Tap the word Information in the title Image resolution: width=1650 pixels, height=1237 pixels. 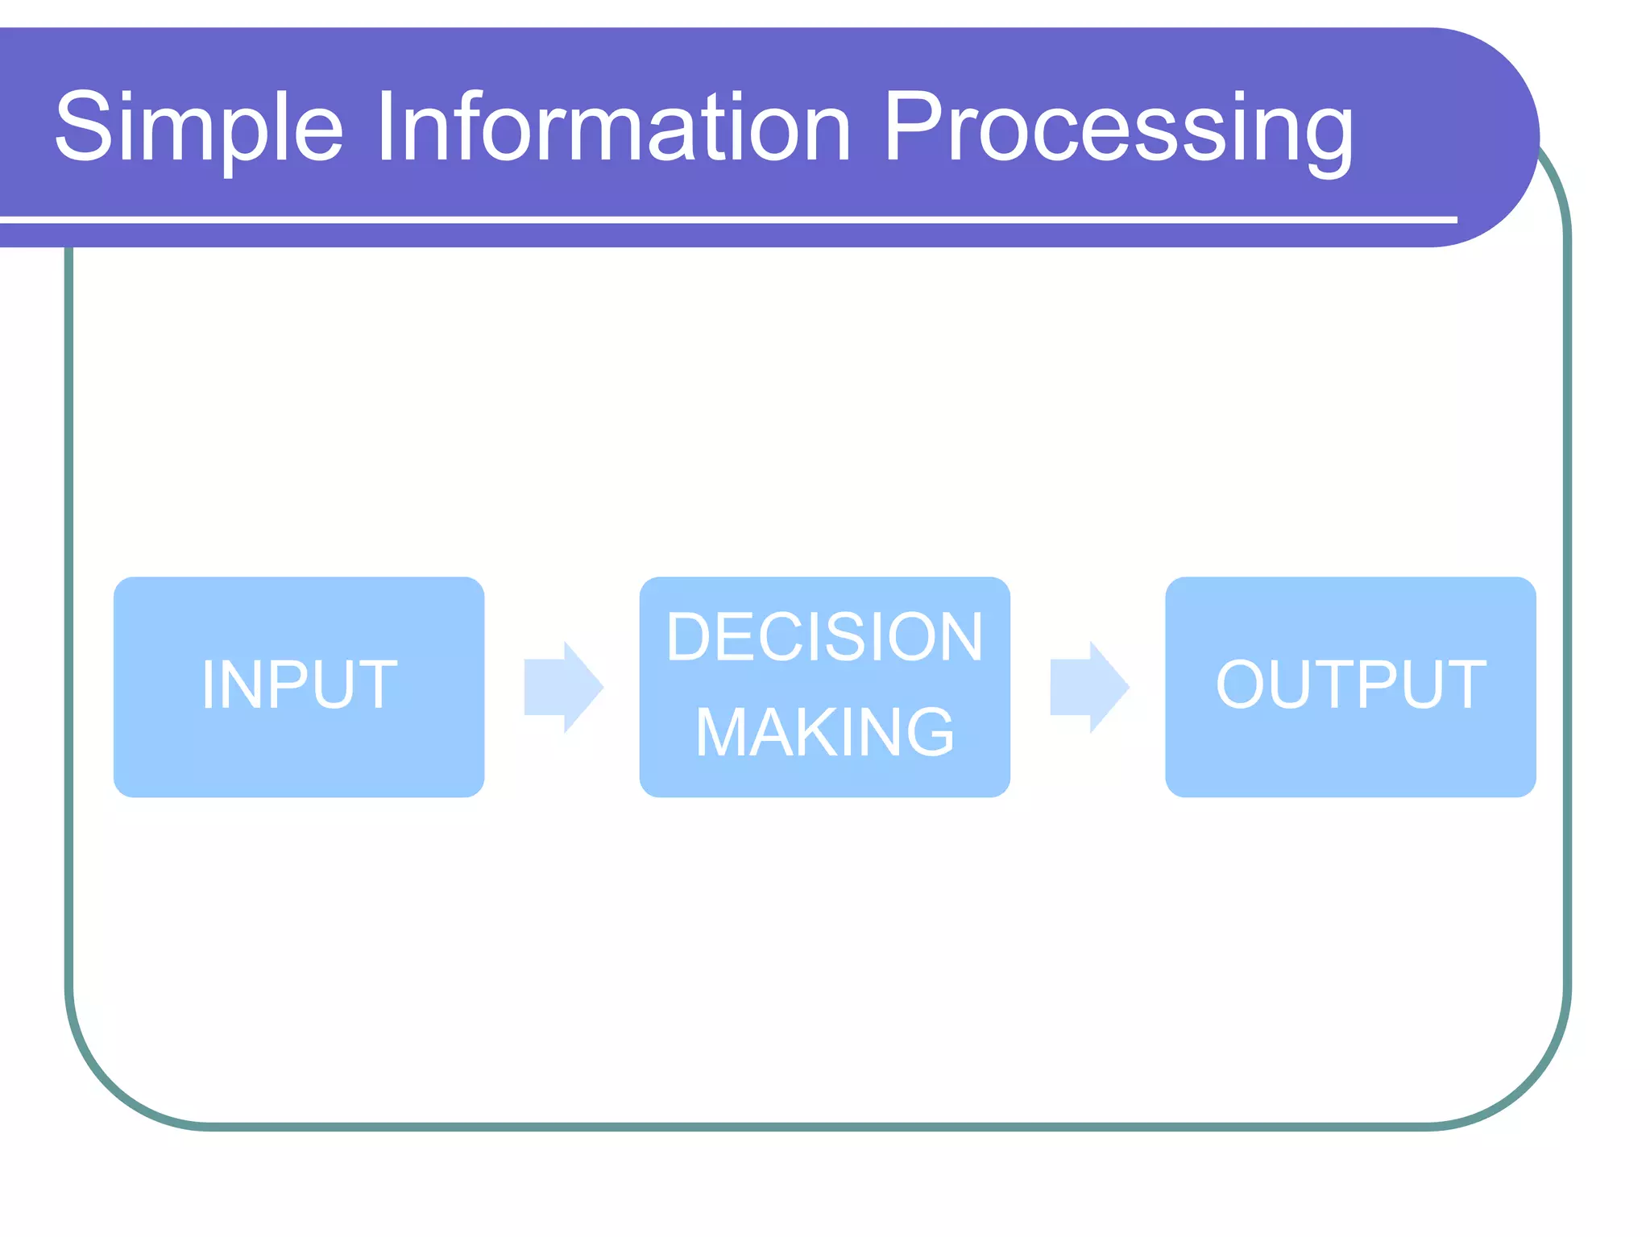[x=612, y=127]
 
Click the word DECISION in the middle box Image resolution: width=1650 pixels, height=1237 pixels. [x=824, y=637]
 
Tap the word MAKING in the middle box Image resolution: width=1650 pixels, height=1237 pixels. [x=824, y=733]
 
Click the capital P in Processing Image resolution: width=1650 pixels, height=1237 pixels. [x=918, y=126]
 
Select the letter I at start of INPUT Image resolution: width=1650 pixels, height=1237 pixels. [x=208, y=685]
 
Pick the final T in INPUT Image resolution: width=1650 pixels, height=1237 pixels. [x=374, y=685]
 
